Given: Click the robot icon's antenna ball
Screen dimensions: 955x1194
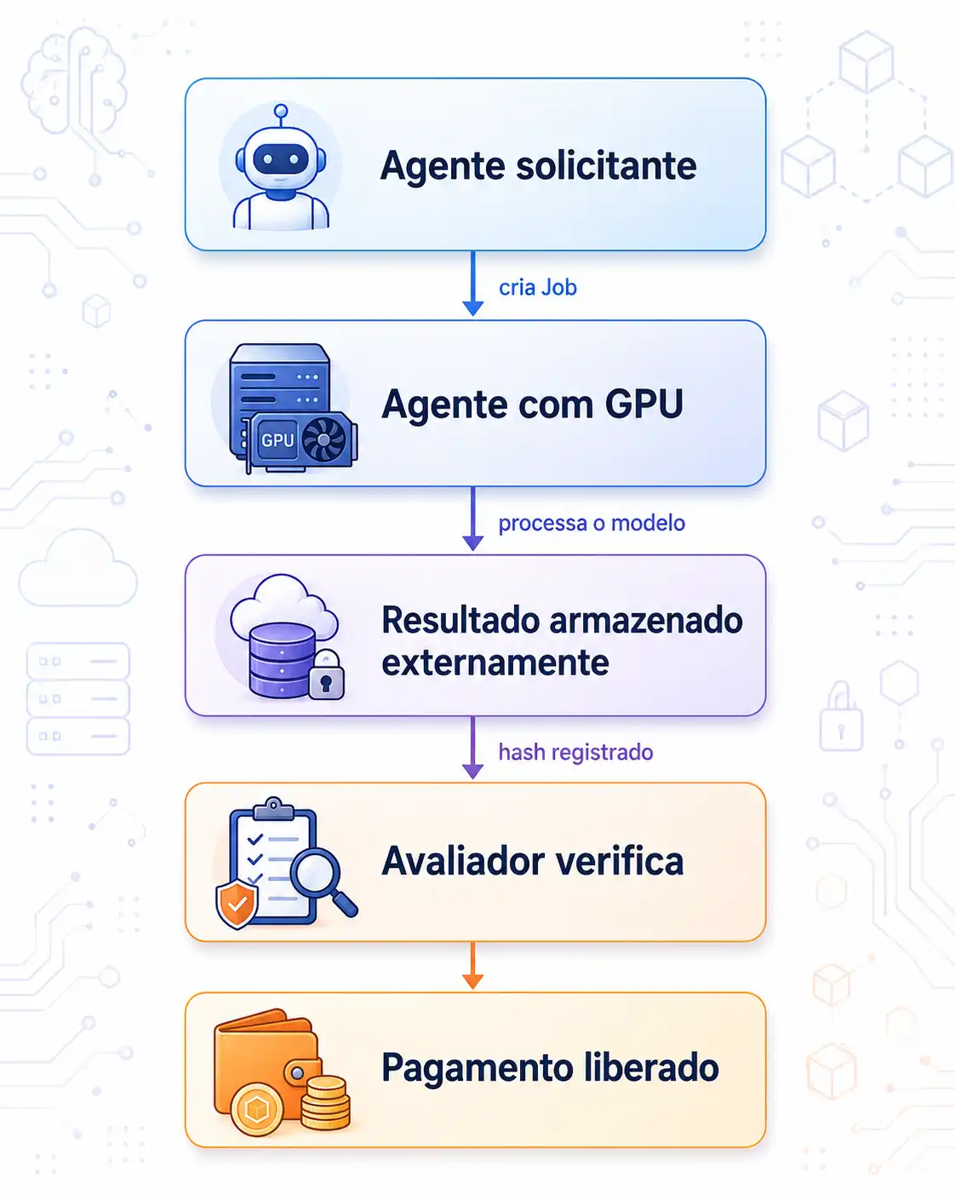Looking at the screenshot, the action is click(x=281, y=111).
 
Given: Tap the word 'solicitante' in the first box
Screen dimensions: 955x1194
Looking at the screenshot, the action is click(x=606, y=165).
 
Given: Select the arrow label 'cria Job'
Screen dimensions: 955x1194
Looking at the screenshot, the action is click(x=537, y=287).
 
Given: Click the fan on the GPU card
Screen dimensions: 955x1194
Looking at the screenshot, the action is click(x=324, y=439).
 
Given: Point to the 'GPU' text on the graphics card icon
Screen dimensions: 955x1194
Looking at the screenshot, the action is click(x=277, y=440).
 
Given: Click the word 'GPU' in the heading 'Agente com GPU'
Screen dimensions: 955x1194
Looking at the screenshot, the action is click(x=643, y=404).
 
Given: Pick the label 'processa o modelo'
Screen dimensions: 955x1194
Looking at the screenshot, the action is click(x=592, y=523).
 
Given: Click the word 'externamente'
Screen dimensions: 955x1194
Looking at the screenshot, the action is click(x=495, y=663).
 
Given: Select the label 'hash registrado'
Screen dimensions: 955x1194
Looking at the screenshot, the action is click(x=575, y=752).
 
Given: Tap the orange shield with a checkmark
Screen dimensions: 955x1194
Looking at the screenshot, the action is click(x=237, y=904).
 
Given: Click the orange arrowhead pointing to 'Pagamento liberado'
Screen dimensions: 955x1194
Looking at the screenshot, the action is click(x=472, y=981).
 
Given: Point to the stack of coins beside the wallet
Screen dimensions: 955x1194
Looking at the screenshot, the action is click(x=325, y=1101).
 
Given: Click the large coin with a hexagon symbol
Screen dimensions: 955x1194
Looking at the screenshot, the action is click(x=257, y=1110).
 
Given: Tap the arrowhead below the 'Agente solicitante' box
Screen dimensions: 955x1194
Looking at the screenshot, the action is click(x=472, y=308).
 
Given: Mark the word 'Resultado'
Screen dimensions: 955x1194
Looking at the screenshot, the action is click(x=460, y=620).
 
